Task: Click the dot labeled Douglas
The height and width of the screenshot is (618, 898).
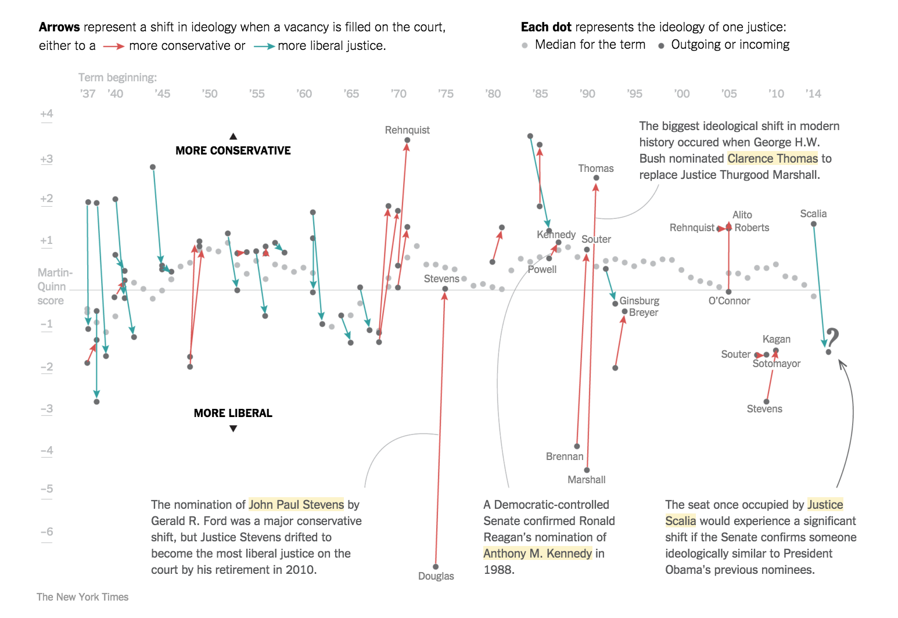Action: point(436,566)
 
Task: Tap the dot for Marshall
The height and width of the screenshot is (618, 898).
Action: point(587,470)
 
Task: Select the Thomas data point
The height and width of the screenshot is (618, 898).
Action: point(596,178)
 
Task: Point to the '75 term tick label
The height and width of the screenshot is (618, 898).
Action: point(446,94)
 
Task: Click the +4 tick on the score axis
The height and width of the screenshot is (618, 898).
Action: point(46,114)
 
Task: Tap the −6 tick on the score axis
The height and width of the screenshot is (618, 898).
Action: point(46,532)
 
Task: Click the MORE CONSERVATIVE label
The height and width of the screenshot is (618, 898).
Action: point(233,150)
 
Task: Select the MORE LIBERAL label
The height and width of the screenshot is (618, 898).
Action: point(233,413)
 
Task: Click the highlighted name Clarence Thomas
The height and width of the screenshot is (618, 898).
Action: point(772,159)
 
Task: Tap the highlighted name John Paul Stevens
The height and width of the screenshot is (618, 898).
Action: point(296,505)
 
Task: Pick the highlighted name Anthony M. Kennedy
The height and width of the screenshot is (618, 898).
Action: point(537,554)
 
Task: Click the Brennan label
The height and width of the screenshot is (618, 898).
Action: point(565,457)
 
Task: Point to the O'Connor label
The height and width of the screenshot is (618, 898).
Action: point(729,301)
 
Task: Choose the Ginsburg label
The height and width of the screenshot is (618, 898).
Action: point(639,301)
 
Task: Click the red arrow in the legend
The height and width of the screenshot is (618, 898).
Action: point(113,46)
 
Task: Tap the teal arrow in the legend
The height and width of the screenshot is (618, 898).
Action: point(264,46)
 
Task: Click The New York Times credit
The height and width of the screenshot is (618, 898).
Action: point(82,597)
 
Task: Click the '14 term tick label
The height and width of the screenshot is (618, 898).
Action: point(813,94)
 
